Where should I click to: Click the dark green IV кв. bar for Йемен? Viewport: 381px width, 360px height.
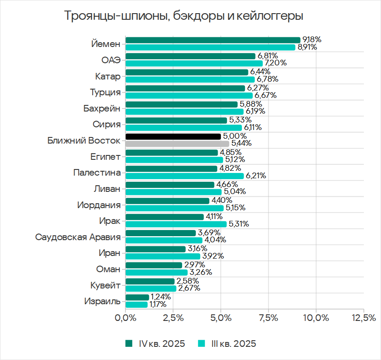coord(213,40)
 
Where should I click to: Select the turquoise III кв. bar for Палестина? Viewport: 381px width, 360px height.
coord(184,176)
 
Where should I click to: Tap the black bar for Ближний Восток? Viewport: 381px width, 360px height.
coord(173,137)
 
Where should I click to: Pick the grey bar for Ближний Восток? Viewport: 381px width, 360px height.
coord(177,144)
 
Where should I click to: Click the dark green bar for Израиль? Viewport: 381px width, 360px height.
coord(137,297)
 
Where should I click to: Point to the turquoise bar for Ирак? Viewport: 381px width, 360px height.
coord(176,224)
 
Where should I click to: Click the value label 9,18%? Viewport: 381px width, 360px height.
coord(312,40)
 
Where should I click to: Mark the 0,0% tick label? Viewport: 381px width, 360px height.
coord(126,317)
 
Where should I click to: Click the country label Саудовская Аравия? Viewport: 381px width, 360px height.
coord(78,237)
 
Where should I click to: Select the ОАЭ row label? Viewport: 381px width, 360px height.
coord(111,60)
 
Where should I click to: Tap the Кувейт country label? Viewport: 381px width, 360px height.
coord(105,285)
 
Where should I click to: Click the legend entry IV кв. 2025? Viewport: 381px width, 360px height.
coord(155,344)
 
